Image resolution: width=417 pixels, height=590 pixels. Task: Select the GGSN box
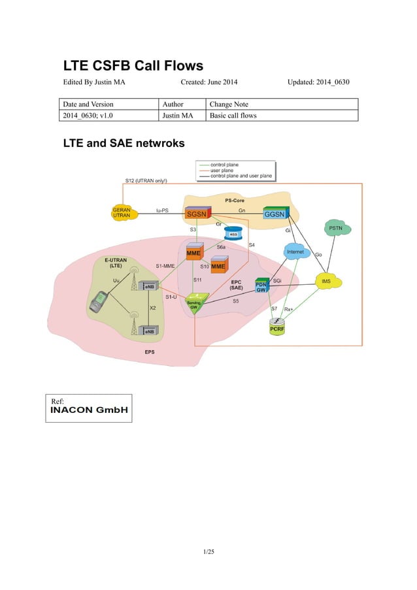coord(277,214)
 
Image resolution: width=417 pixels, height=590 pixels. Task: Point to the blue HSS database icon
coord(233,233)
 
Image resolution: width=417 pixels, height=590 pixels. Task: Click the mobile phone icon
coord(98,302)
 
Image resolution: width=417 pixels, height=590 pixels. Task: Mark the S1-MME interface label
coord(165,266)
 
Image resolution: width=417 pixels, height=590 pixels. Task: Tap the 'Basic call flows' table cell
coord(233,116)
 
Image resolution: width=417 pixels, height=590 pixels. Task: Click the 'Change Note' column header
coord(229,104)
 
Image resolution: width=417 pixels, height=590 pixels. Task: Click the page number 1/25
coord(208,553)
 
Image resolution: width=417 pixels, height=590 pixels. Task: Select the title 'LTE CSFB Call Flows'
coord(133,66)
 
